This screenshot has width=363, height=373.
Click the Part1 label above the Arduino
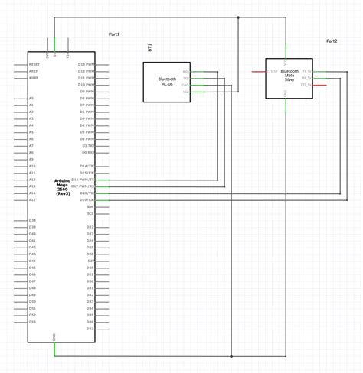114,34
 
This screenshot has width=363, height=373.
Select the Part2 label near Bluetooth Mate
332,41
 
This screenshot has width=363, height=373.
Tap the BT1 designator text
149,47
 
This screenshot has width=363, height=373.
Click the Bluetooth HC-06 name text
168,82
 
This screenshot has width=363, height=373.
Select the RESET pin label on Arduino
34,64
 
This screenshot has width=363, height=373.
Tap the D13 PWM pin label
87,64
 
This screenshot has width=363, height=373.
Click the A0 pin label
31,99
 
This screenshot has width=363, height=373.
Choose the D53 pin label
33,322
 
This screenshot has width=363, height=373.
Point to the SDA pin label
90,206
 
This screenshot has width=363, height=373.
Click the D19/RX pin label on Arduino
87,199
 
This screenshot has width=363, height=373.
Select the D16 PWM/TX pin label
84,180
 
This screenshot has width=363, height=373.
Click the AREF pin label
34,71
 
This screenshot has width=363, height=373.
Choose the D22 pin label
90,227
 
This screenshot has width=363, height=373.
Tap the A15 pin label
32,200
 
